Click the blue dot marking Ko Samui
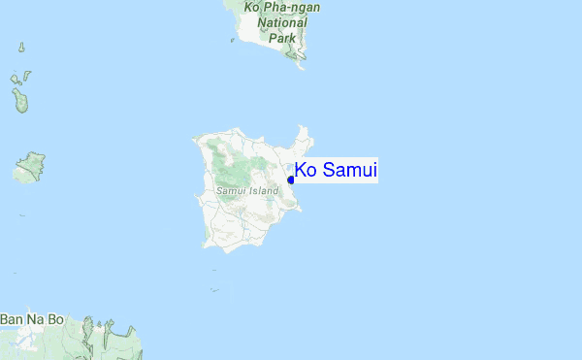click(291, 179)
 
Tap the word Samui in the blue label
click(349, 171)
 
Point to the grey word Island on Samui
click(261, 191)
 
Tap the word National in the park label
click(281, 22)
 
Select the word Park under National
click(281, 38)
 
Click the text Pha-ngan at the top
click(289, 7)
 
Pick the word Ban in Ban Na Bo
click(12, 318)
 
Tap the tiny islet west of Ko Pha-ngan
click(232, 40)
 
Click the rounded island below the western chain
click(31, 166)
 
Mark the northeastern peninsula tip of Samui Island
click(305, 128)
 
